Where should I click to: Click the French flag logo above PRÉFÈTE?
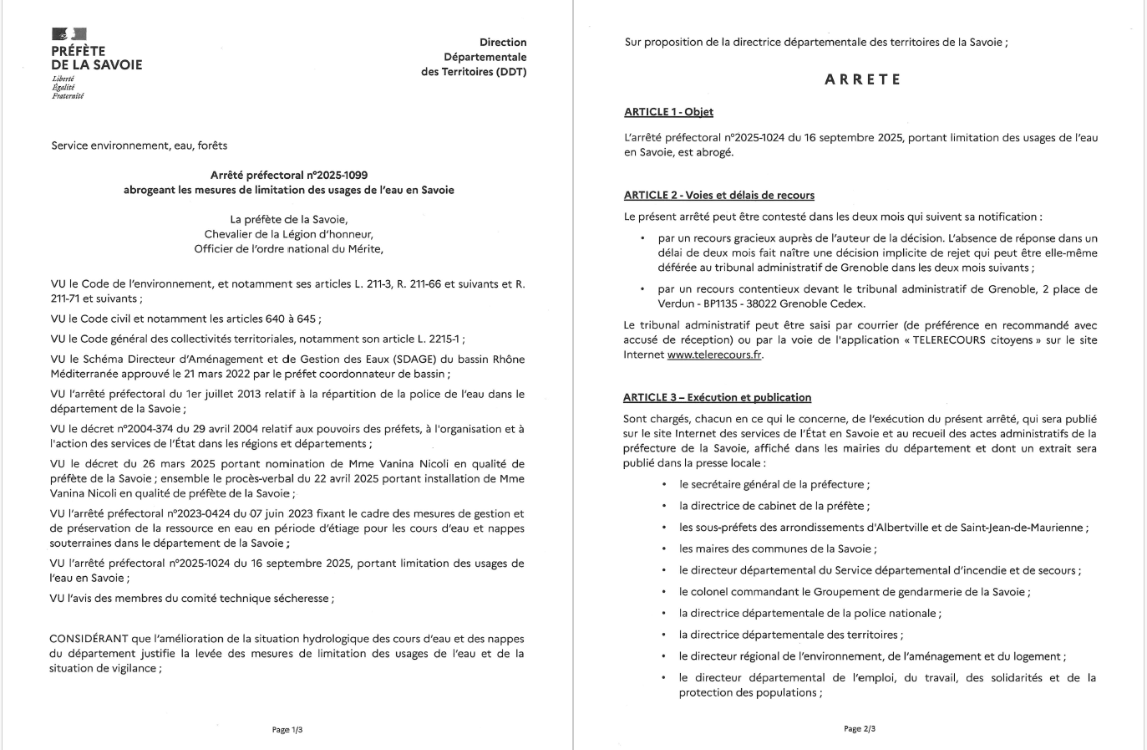[69, 34]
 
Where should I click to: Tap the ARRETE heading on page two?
[862, 80]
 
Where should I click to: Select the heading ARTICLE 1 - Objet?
[668, 112]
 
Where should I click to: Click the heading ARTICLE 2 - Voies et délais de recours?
[718, 196]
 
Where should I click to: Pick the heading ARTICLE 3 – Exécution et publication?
[717, 398]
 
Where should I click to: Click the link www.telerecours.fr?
[714, 355]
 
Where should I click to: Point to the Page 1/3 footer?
[287, 730]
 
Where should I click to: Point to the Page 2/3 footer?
[860, 729]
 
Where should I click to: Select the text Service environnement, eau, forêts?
[139, 145]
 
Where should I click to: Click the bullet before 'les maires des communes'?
[664, 549]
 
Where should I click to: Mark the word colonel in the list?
[711, 592]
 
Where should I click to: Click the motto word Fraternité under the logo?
[68, 96]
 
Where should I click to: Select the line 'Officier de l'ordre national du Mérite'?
[288, 249]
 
